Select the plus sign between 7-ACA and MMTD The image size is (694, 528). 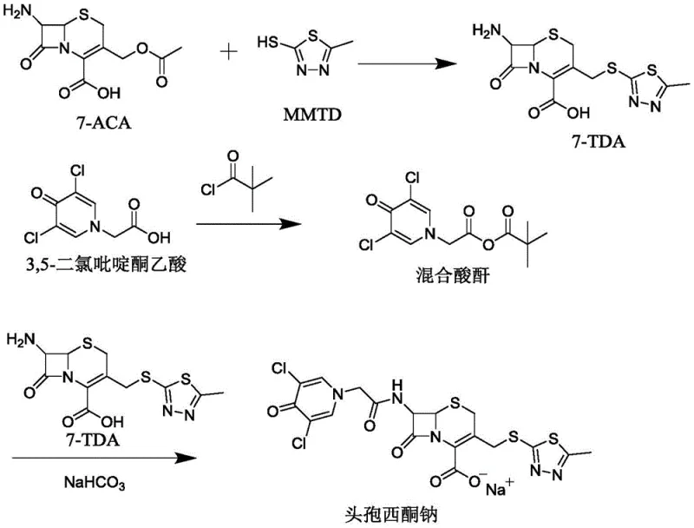coord(230,52)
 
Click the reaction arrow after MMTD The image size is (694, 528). coord(407,63)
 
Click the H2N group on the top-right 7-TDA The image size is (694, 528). coord(482,32)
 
